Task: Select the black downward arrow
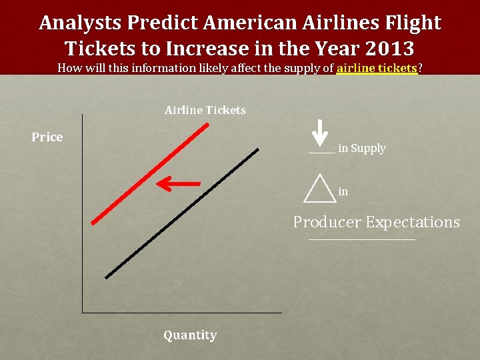[321, 133]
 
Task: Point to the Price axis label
[47, 137]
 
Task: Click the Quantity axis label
[190, 335]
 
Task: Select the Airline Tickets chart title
[205, 110]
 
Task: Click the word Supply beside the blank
[368, 149]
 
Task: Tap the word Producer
[327, 222]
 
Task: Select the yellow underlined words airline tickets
[377, 68]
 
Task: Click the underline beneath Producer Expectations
[361, 239]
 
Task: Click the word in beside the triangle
[343, 192]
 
